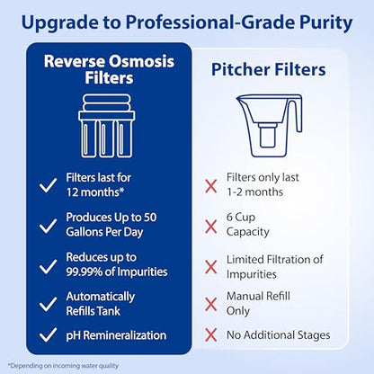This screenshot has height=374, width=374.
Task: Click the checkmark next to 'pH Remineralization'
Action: point(47,334)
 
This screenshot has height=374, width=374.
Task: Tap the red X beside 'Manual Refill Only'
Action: point(212,304)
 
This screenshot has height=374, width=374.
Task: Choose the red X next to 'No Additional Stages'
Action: point(212,334)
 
